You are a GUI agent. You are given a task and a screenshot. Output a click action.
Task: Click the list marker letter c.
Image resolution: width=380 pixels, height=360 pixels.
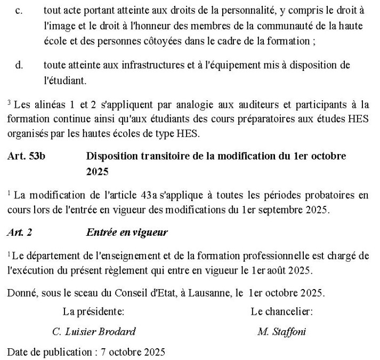(x=19, y=11)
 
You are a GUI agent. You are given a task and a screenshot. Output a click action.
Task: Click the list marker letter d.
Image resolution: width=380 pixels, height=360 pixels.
(x=19, y=65)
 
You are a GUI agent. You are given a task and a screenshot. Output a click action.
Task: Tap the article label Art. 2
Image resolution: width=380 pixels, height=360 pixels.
(x=19, y=232)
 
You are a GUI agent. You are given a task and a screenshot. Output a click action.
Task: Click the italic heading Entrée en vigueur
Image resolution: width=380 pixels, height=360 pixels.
(x=127, y=232)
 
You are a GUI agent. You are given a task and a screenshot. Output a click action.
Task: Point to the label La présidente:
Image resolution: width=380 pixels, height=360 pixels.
(x=93, y=311)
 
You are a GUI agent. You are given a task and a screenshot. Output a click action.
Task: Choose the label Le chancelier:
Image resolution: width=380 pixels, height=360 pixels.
(x=281, y=311)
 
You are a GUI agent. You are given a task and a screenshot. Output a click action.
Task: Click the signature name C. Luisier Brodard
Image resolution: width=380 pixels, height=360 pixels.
(x=94, y=331)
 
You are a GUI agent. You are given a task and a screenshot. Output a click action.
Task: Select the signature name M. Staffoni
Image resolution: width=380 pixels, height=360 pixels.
(x=281, y=331)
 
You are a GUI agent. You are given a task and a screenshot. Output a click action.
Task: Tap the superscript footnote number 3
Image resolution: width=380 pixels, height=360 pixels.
(x=9, y=101)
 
